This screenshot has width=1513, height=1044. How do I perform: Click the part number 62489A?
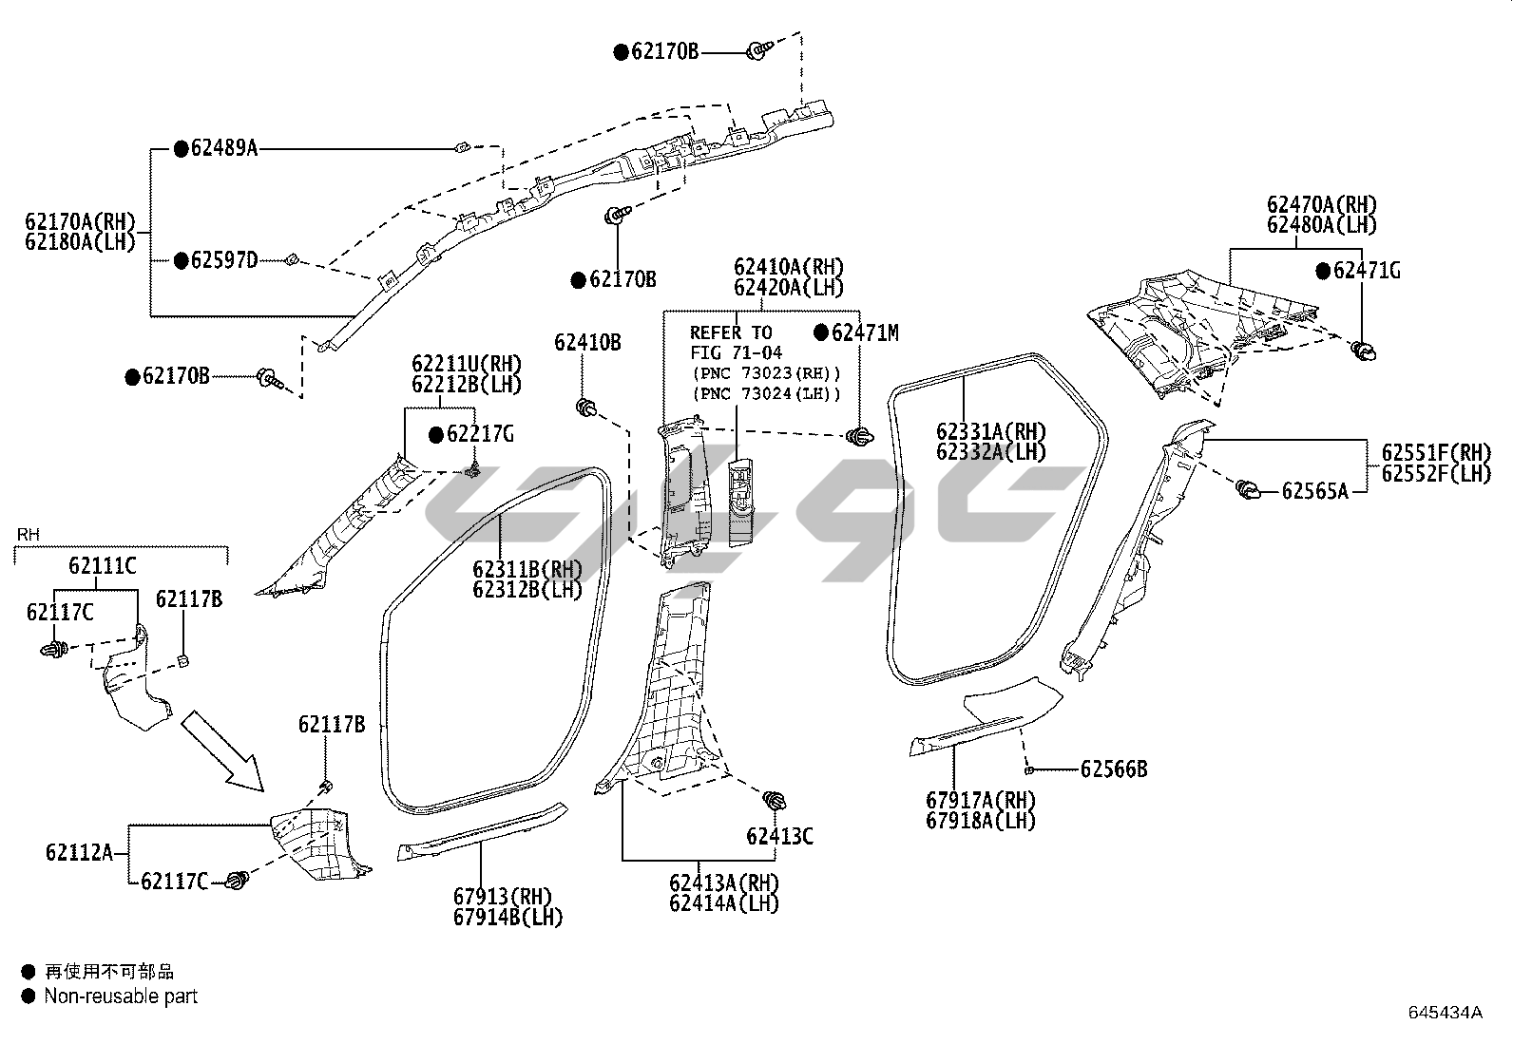(224, 147)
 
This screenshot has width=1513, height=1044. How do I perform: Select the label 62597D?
(224, 259)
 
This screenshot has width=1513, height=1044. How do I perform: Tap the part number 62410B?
(587, 342)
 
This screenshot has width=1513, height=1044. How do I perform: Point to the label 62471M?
(864, 332)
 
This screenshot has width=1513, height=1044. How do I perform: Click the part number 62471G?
(1367, 271)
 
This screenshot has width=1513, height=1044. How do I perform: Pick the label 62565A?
(1314, 491)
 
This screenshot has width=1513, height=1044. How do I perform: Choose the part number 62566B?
(1114, 769)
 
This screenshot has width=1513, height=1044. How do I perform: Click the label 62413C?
(779, 836)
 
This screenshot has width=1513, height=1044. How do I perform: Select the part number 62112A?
(79, 852)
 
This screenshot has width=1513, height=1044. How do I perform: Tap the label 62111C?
(102, 566)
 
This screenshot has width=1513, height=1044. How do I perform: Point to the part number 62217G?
(480, 434)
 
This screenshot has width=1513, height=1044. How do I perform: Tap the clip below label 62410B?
(587, 409)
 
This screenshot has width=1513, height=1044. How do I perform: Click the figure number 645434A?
(1445, 1013)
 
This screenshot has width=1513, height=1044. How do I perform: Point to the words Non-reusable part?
(121, 997)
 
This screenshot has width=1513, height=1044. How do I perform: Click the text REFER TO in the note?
(730, 332)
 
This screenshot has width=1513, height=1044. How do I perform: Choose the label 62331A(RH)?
(990, 431)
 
